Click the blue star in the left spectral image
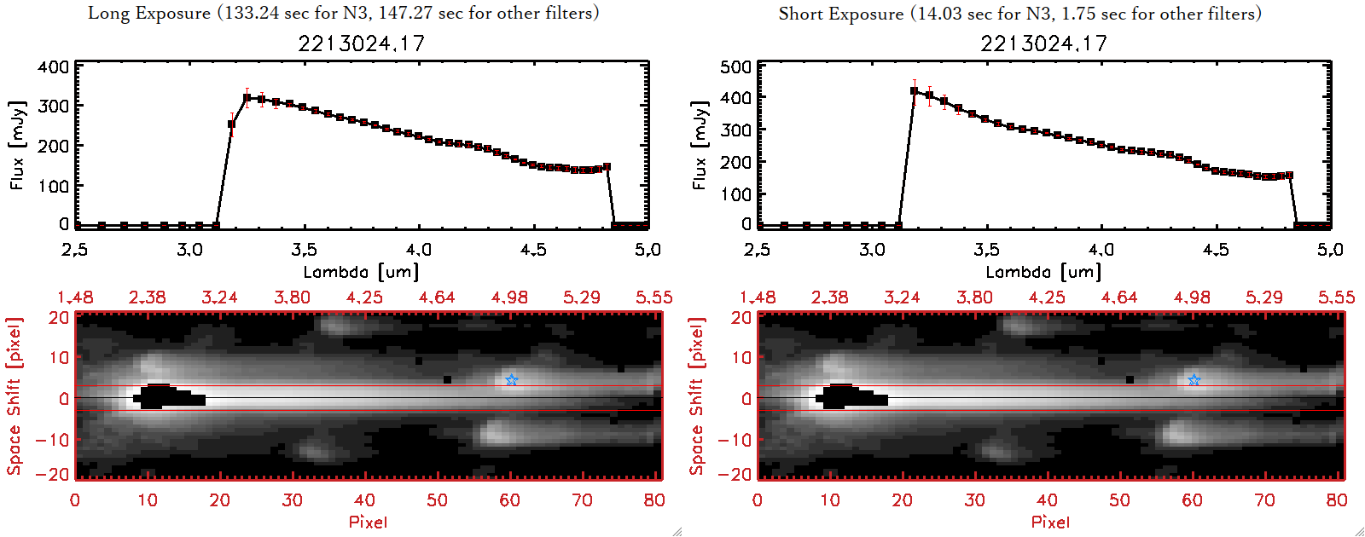click(511, 380)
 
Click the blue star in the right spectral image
click(1194, 380)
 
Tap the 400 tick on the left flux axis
click(54, 67)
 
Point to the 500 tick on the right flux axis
click(736, 67)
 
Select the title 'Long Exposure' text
click(149, 13)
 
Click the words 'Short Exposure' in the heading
click(840, 14)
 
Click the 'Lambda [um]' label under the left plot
click(361, 272)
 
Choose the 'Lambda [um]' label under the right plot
click(1043, 272)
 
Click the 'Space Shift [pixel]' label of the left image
click(15, 396)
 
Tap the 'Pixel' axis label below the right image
click(1050, 522)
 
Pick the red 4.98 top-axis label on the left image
click(509, 297)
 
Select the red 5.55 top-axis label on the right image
click(1336, 297)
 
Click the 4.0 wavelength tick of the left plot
click(419, 250)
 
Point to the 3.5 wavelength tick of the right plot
click(986, 250)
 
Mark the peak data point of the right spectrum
click(915, 91)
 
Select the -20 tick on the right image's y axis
click(736, 474)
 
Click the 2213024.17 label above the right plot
click(1043, 43)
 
